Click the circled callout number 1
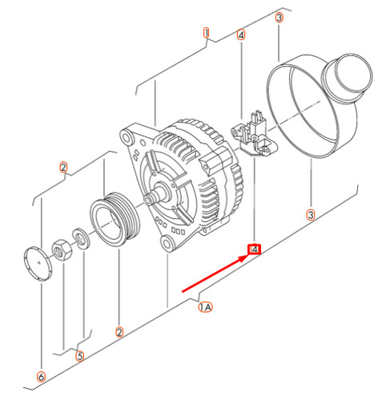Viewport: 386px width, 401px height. (x=206, y=34)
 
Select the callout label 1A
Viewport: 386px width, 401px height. (x=205, y=307)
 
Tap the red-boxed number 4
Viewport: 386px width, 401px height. (x=254, y=250)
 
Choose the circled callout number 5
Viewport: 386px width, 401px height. (x=79, y=356)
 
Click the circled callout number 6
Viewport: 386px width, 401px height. (x=41, y=377)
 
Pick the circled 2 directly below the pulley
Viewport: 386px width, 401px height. (x=119, y=332)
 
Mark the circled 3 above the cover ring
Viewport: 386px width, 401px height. (x=279, y=17)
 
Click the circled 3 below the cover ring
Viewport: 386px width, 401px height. (x=311, y=214)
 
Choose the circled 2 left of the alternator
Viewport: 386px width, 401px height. (x=63, y=168)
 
